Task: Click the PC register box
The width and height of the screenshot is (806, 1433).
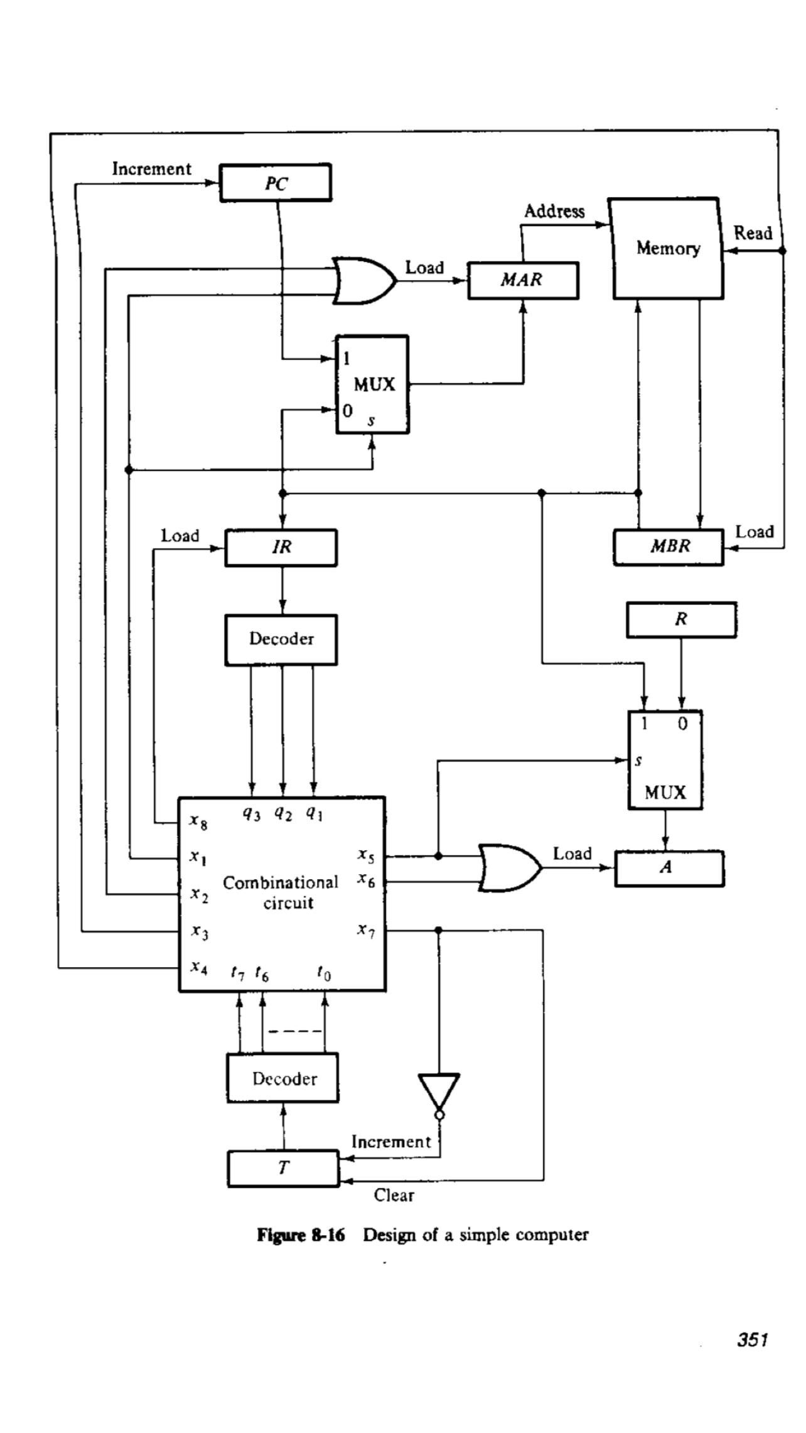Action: (x=276, y=183)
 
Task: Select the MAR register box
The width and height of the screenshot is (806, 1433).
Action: (x=523, y=280)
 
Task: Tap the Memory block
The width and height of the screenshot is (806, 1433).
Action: (x=667, y=249)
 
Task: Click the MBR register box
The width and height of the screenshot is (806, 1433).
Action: (x=669, y=546)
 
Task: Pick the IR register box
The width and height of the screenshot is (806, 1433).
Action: (x=281, y=548)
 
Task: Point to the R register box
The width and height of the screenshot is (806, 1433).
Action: (x=681, y=620)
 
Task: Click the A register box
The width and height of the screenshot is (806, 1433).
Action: (x=669, y=868)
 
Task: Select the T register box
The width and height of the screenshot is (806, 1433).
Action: (x=283, y=1169)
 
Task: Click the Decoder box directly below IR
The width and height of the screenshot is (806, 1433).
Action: (x=281, y=639)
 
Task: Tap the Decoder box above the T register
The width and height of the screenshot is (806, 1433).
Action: (x=283, y=1079)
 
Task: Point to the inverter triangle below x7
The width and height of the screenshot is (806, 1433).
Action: (x=439, y=1092)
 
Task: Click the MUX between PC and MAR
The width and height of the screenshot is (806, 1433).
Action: (x=373, y=384)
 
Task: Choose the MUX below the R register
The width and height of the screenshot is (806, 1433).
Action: (x=665, y=760)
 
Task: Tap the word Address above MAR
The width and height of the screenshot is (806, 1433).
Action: (x=554, y=211)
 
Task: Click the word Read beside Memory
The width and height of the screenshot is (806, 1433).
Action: (x=753, y=233)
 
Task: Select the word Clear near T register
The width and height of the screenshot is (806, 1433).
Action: (x=394, y=1195)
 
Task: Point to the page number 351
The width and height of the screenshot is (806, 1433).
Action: (x=753, y=1339)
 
